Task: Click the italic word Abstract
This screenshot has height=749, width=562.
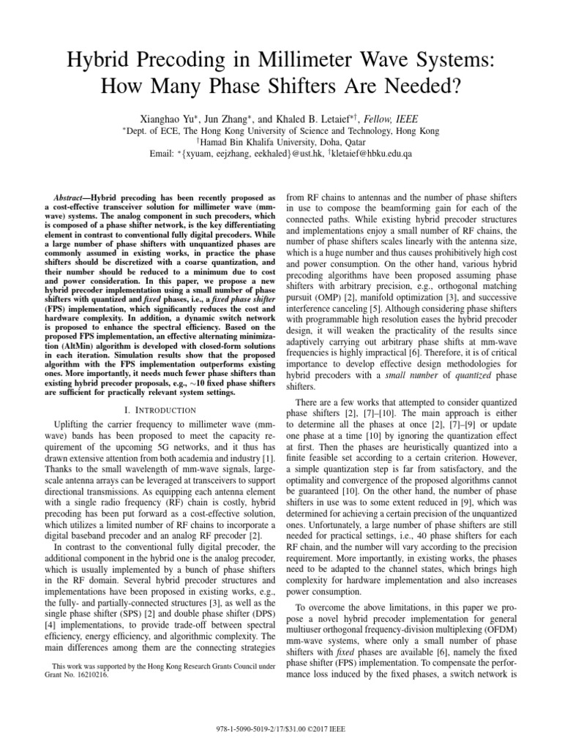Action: [x=73, y=197]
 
